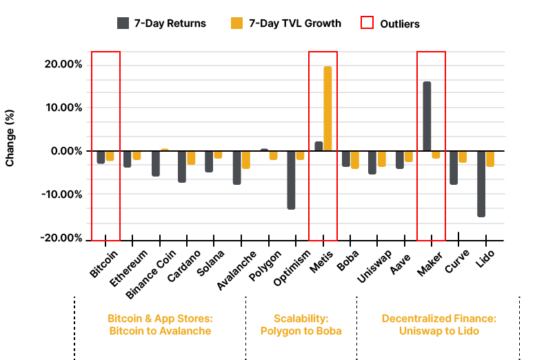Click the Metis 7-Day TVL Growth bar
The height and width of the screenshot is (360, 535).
click(x=327, y=108)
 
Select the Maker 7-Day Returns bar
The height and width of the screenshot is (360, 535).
click(x=427, y=117)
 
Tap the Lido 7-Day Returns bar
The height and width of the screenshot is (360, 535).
click(x=481, y=183)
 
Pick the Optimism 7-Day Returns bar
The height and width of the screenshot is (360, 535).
click(x=291, y=179)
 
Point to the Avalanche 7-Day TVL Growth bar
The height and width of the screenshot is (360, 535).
click(x=246, y=159)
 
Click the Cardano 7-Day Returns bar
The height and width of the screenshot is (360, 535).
click(x=182, y=166)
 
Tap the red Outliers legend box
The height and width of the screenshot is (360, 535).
click(x=367, y=23)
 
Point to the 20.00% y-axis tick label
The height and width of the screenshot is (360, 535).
click(x=63, y=64)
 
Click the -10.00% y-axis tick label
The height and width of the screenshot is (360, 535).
click(x=61, y=194)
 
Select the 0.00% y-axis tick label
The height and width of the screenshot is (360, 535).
click(x=65, y=151)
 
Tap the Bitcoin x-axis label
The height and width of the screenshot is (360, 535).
click(x=104, y=263)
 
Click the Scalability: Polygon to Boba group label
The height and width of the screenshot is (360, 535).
click(x=301, y=324)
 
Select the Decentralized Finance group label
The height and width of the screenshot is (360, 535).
click(x=438, y=324)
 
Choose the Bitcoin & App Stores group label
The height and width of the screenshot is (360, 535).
click(x=159, y=324)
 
